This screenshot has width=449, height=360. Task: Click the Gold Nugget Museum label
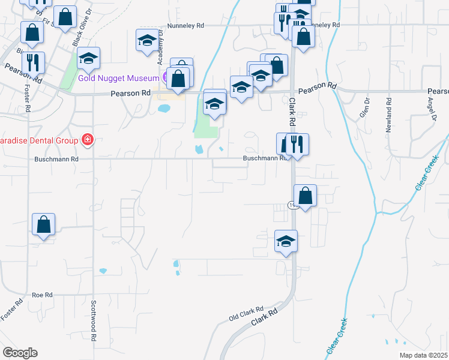point(118,78)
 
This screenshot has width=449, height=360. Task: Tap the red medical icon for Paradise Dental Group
point(88,140)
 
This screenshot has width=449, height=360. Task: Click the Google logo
point(20,353)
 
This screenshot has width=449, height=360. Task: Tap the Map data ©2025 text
point(424,355)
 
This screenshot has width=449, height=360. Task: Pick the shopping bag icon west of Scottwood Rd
point(43,225)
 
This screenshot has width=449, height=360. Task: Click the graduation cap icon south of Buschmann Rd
point(286,241)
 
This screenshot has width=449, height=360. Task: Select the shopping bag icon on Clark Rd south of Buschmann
point(306,196)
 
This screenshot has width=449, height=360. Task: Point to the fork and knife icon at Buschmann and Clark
point(297,144)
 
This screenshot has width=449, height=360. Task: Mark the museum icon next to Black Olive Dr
point(89,58)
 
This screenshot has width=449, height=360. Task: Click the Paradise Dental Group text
point(40,140)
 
